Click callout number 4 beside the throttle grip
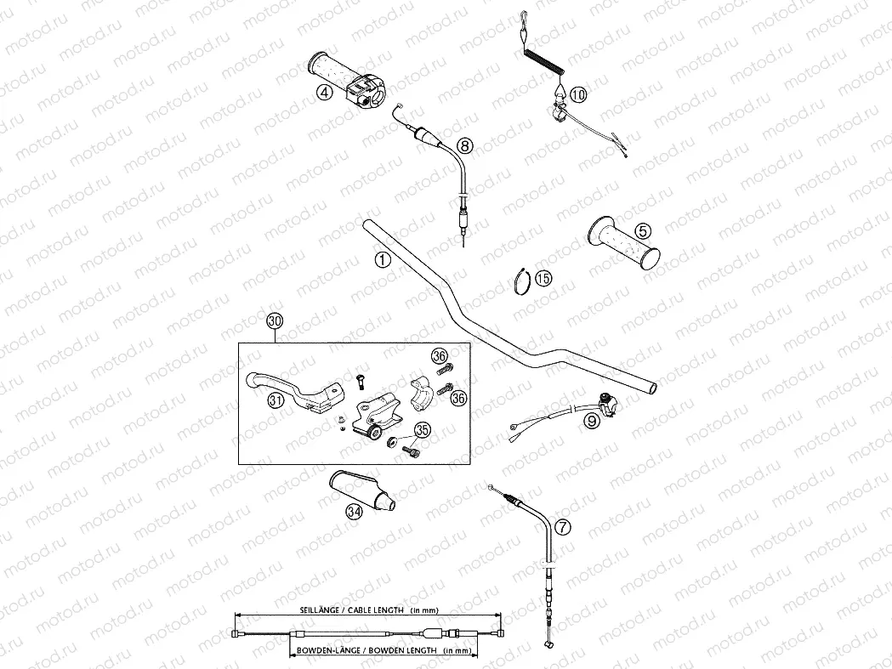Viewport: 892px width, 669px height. tap(323, 94)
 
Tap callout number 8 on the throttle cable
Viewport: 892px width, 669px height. tap(463, 145)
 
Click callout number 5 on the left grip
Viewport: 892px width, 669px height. tap(641, 230)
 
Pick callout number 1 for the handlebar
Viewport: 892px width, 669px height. tap(382, 260)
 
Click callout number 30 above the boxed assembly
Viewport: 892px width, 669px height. tap(274, 321)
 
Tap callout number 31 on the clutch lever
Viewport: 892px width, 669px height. tap(274, 402)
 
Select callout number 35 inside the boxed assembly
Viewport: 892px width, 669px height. tap(423, 432)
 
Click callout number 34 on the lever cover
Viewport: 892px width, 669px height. tap(354, 511)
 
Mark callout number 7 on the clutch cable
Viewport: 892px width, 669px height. tap(564, 527)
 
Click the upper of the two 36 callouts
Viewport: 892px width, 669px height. tap(439, 356)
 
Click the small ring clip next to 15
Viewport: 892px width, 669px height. tap(522, 280)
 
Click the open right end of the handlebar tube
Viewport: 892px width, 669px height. tap(653, 388)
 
